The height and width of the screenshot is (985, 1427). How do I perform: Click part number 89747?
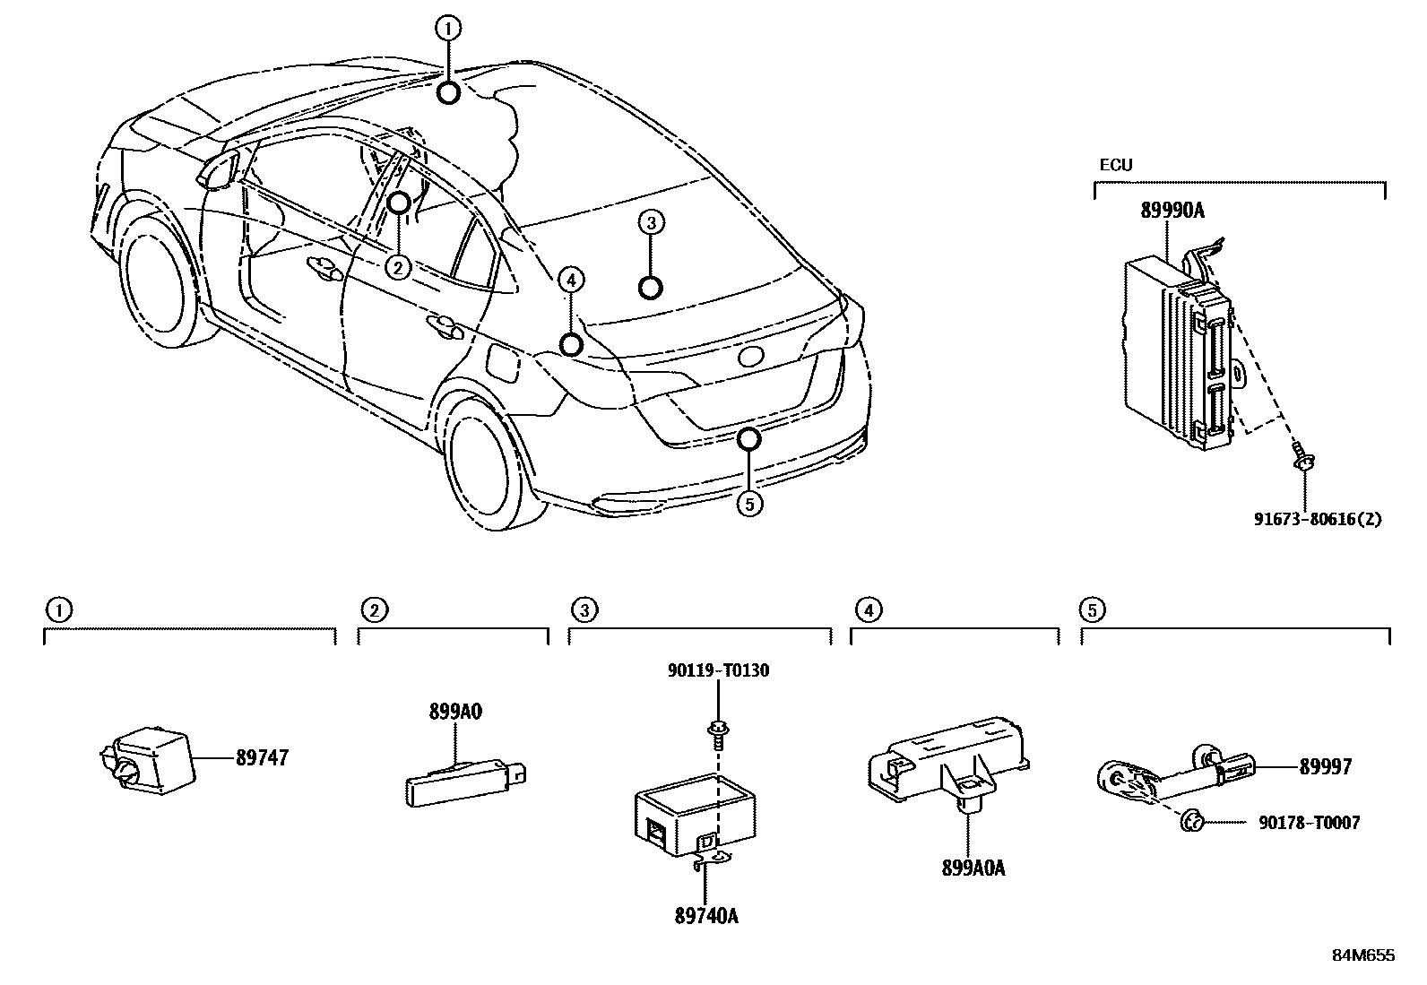point(262,758)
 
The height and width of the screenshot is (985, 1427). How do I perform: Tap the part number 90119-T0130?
point(718,670)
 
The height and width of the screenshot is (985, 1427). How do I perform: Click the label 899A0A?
point(973,868)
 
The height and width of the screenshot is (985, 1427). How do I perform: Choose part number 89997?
point(1325,767)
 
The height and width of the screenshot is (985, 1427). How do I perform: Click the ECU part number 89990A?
point(1172,212)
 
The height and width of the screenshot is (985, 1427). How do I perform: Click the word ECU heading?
point(1116,165)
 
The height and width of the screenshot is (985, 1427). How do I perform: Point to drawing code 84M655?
point(1362,955)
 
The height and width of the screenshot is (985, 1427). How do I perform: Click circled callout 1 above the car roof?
point(448,29)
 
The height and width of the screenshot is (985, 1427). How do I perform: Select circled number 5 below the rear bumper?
point(749,504)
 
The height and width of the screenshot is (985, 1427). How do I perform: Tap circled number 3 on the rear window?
point(652,222)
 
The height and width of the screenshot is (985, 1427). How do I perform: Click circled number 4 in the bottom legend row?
point(868,610)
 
